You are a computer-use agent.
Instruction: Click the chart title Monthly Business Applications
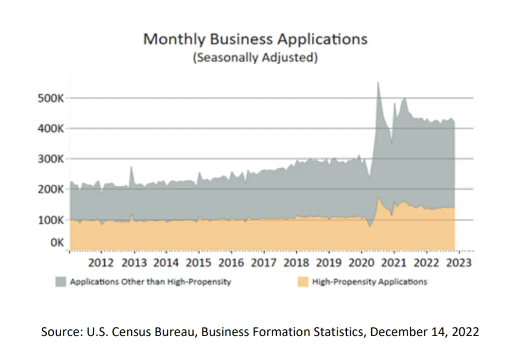(x=255, y=39)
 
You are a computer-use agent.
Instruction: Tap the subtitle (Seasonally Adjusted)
(x=255, y=58)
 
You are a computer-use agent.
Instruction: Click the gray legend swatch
(x=60, y=282)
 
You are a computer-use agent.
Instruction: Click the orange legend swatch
(x=303, y=282)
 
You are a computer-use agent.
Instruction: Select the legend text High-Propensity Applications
(x=369, y=282)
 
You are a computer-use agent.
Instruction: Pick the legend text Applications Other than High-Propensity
(x=150, y=282)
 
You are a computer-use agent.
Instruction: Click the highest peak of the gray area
(x=378, y=83)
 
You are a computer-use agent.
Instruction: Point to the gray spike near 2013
(x=131, y=168)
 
